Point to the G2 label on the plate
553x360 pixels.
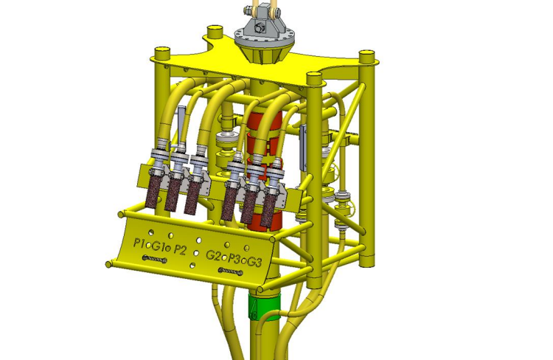214,255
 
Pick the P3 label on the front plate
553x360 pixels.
234,259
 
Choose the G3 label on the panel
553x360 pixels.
254,262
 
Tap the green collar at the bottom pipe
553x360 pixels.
263,304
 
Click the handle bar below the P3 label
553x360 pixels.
230,271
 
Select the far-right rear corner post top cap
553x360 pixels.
364,52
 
